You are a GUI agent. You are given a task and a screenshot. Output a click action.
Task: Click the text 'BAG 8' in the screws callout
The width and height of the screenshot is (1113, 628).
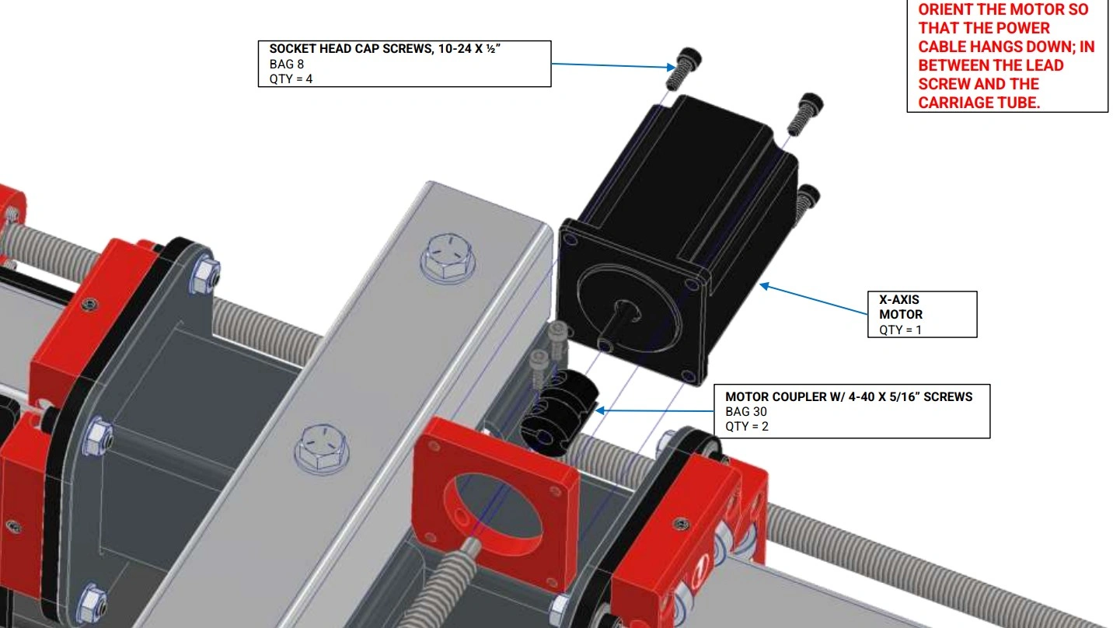click(x=286, y=64)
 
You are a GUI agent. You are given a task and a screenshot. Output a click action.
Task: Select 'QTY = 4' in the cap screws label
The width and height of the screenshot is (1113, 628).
click(x=291, y=78)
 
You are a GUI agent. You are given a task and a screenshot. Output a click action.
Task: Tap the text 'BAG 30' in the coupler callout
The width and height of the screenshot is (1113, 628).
click(x=746, y=411)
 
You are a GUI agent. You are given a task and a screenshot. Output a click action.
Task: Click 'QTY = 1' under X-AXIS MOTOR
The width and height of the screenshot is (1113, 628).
click(x=900, y=330)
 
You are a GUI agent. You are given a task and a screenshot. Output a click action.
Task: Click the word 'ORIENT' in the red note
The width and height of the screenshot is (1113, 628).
click(x=946, y=9)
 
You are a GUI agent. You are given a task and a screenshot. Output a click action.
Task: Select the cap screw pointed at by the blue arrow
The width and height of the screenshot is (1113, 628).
click(x=683, y=68)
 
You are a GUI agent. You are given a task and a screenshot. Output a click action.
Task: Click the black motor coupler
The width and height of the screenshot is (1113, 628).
click(x=559, y=413)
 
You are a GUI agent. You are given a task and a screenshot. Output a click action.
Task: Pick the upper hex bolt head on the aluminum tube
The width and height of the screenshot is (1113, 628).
click(x=448, y=258)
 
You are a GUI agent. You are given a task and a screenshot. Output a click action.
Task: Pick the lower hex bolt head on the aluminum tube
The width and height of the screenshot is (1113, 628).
click(x=322, y=449)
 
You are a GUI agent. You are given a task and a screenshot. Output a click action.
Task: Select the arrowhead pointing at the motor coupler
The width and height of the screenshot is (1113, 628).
click(x=601, y=410)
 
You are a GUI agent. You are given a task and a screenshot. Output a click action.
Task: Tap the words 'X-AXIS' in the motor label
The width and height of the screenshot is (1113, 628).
click(x=898, y=299)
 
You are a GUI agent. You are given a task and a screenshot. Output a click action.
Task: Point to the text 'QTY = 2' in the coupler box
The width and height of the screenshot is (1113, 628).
click(x=746, y=426)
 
